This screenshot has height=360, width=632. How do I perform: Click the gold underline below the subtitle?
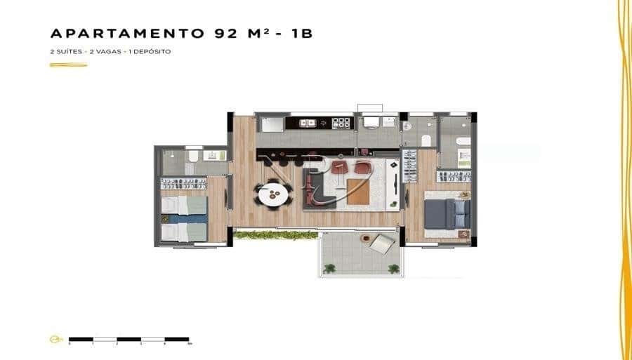[68, 65]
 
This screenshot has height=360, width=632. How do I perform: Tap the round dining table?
[273, 193]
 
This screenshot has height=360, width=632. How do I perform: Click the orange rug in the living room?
[357, 192]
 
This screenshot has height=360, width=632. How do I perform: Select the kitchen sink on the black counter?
[308, 123]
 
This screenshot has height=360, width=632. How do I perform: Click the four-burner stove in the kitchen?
[341, 123]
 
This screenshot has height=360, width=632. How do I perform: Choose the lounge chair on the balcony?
[383, 244]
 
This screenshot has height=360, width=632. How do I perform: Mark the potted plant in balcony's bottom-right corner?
[393, 267]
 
